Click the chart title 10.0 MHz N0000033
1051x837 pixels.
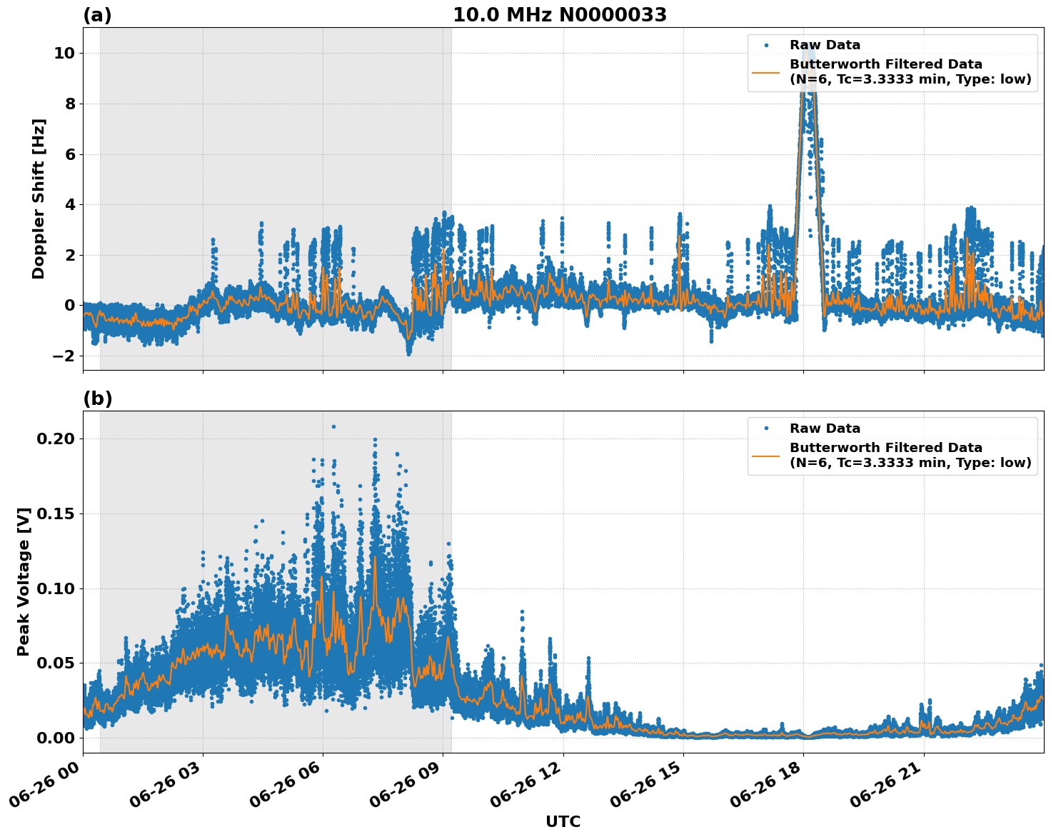click(x=559, y=15)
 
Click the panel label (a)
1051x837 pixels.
click(x=97, y=15)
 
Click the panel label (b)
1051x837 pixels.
click(x=97, y=399)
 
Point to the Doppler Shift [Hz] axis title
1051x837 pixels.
click(x=39, y=199)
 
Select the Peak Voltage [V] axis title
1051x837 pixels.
click(x=24, y=581)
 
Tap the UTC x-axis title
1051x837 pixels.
click(x=563, y=821)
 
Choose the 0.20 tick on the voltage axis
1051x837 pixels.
click(x=56, y=438)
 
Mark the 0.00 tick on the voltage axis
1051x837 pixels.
click(x=56, y=738)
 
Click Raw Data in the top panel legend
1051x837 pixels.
click(x=825, y=45)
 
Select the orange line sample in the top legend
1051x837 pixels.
click(x=765, y=71)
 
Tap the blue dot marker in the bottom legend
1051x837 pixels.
click(x=765, y=428)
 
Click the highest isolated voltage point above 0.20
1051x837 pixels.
click(x=333, y=426)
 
